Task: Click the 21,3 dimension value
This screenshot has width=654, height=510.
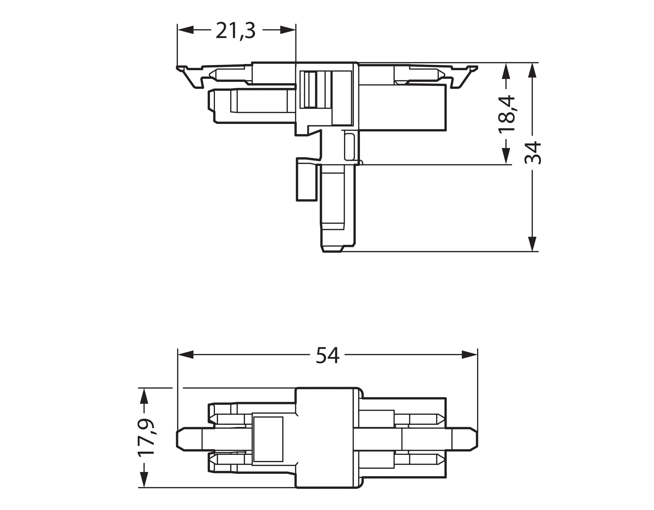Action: coord(235,31)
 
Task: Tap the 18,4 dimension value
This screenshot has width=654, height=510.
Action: coord(506,114)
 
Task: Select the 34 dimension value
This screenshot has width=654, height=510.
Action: coord(533,153)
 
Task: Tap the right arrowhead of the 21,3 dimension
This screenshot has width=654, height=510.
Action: coord(288,30)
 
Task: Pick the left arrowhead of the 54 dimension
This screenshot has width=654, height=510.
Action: coord(186,355)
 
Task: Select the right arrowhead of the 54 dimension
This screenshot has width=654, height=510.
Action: coord(470,355)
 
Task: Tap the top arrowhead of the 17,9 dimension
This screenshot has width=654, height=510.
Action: coord(144,396)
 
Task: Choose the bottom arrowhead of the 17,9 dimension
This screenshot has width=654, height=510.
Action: coord(144,479)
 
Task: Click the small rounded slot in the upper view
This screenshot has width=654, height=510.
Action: coord(349,147)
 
